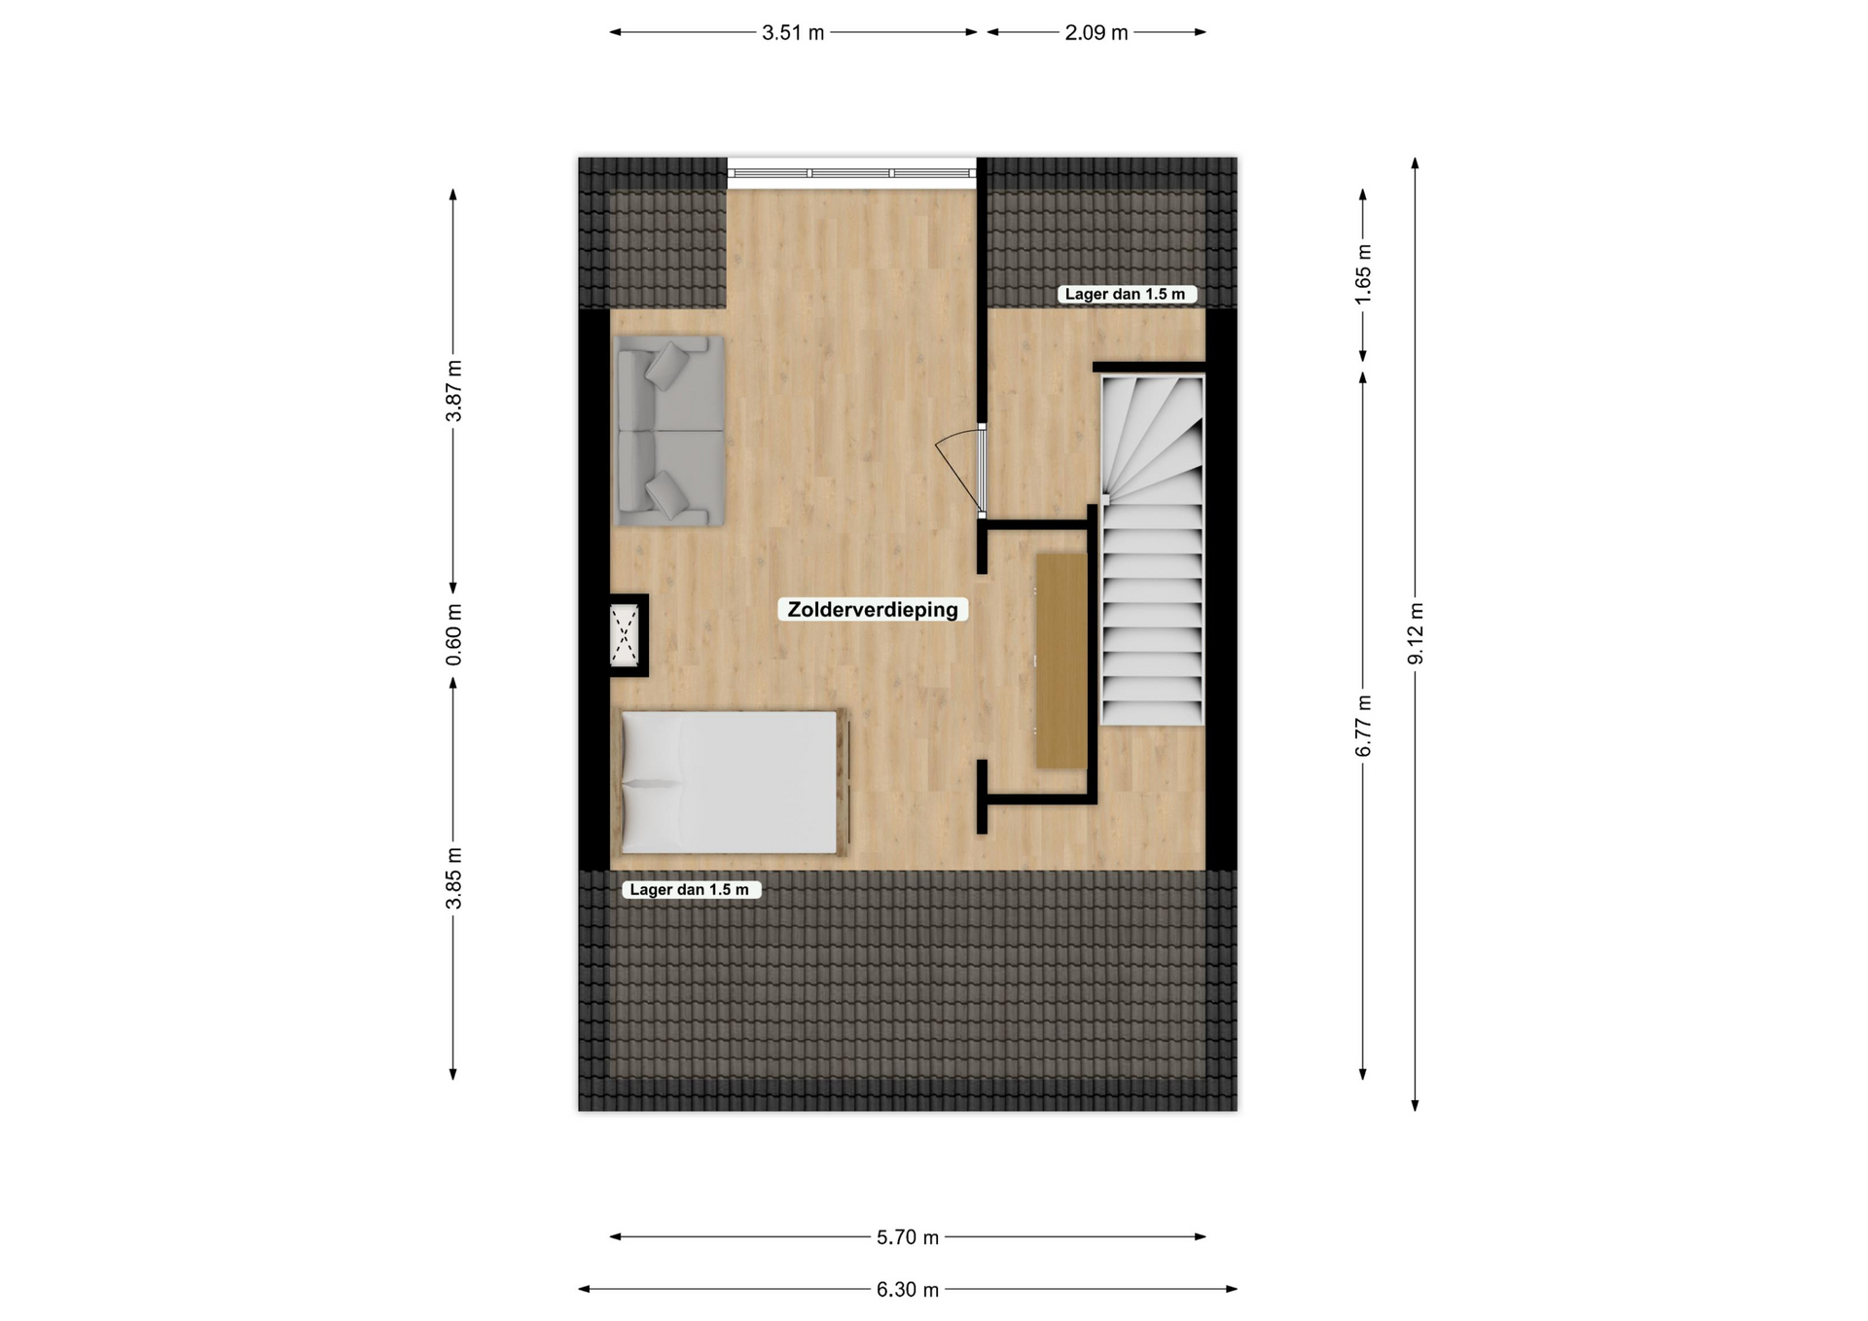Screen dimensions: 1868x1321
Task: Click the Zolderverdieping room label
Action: click(873, 610)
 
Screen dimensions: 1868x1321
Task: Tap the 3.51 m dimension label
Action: click(793, 33)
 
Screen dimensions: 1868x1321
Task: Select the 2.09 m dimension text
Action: click(1096, 33)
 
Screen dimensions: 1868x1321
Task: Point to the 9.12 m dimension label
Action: click(1416, 633)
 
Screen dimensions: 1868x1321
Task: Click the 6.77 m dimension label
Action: click(1363, 726)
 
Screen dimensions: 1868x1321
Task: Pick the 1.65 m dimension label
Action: click(1363, 273)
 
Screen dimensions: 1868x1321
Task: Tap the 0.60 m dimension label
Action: click(453, 635)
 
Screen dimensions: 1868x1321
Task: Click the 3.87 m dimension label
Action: click(453, 391)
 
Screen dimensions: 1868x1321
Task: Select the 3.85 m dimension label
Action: click(453, 878)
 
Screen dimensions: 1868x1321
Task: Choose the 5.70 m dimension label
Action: click(908, 1237)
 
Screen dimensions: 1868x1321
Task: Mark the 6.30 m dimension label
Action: click(908, 1290)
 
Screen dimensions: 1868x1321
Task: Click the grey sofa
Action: click(670, 431)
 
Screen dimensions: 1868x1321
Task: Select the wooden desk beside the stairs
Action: click(1061, 660)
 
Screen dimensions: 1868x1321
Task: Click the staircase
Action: click(1152, 551)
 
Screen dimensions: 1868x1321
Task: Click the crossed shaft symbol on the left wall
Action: click(625, 635)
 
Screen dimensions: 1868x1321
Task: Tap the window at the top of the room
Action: click(852, 173)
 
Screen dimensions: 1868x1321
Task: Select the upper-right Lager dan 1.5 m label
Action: click(1126, 294)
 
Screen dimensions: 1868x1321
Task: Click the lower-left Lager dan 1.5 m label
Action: click(691, 889)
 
